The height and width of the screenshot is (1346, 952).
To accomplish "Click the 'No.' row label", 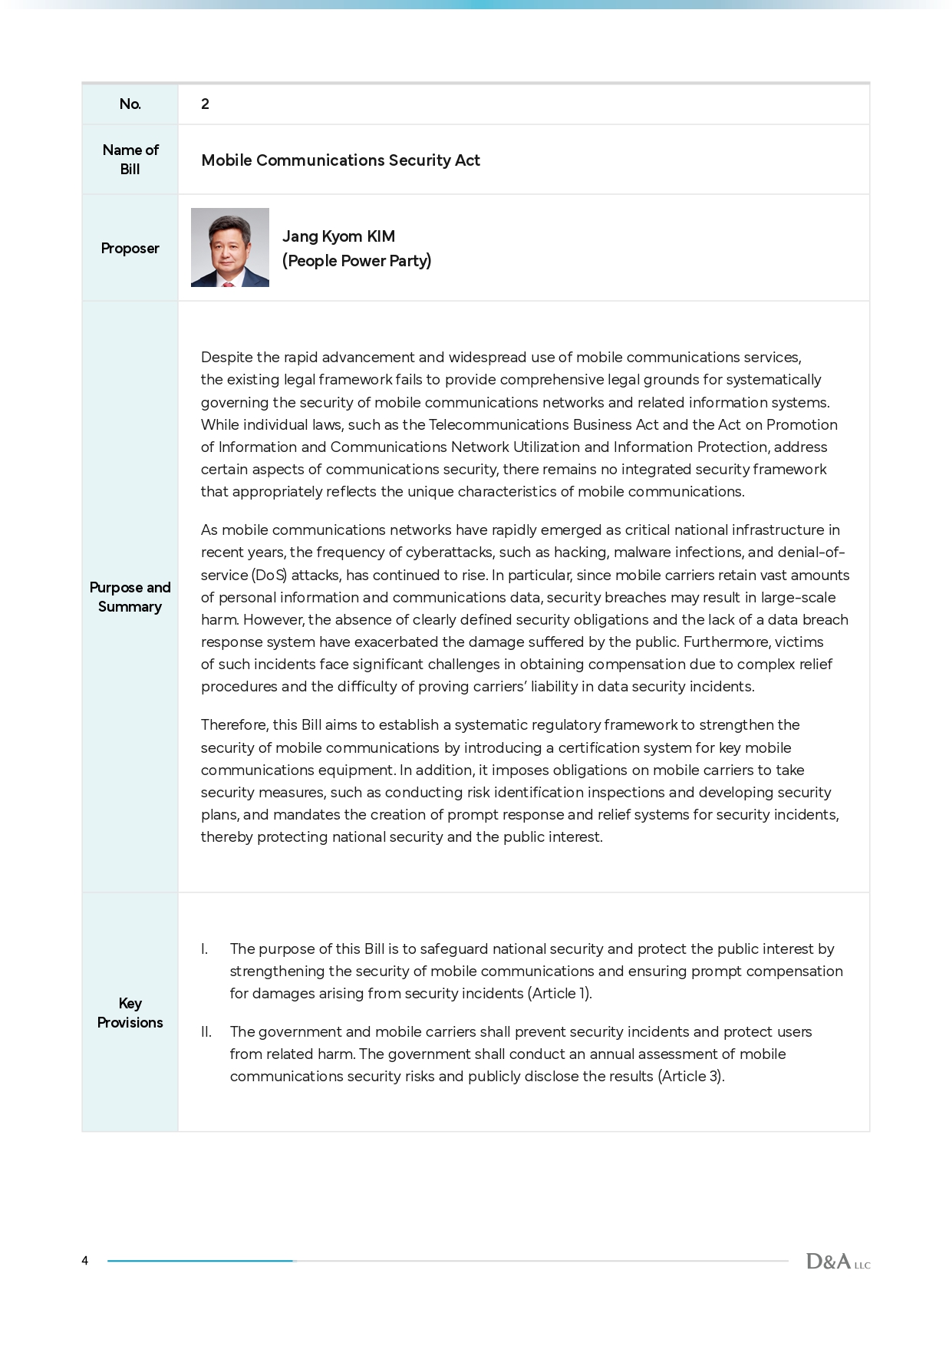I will [x=130, y=104].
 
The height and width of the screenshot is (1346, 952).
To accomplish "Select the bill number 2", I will [x=205, y=104].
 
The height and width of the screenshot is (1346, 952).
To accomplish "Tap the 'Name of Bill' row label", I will [x=130, y=160].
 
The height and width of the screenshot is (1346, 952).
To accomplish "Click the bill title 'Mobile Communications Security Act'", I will [x=340, y=160].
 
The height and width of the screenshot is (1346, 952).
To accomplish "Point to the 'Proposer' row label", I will [x=130, y=249].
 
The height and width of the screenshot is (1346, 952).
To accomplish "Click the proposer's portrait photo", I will [x=230, y=247].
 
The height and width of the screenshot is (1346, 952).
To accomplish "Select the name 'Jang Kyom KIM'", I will [x=338, y=236].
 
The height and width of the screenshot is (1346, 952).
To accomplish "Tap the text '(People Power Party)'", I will [x=357, y=261].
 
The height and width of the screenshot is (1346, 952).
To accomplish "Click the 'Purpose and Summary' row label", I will [x=130, y=597].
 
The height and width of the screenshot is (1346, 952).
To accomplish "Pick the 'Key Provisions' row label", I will [x=130, y=1013].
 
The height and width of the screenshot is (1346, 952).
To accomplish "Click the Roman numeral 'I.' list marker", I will [x=204, y=949].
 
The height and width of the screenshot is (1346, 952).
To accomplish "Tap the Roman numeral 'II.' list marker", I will [x=206, y=1032].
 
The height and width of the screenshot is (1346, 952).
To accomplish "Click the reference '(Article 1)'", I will [x=558, y=994].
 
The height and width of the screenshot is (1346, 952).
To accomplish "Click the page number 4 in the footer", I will [x=85, y=1261].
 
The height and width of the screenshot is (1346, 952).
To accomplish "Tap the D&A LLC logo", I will [x=838, y=1261].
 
